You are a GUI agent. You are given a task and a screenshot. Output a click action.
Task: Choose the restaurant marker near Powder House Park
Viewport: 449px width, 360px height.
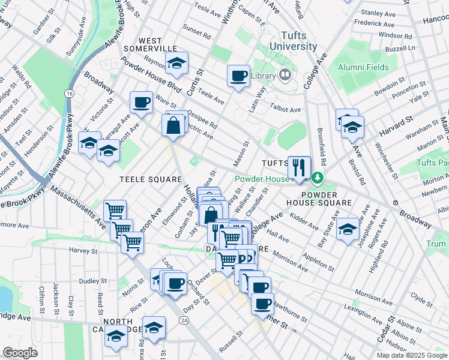point(299,167)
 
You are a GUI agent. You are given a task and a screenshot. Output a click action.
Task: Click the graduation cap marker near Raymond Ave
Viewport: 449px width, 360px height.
point(177,62)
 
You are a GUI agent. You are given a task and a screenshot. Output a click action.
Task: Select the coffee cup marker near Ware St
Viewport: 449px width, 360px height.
point(142,103)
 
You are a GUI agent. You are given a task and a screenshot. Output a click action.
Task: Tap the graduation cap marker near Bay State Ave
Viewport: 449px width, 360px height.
point(348,229)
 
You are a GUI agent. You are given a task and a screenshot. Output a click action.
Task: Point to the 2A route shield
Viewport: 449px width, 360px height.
point(184,321)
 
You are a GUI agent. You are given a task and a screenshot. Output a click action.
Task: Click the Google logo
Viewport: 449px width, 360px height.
point(20,353)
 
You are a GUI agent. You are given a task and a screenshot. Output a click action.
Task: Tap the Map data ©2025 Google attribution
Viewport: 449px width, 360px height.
point(412,355)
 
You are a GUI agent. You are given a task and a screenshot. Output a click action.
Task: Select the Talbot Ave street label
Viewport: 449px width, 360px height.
point(285,110)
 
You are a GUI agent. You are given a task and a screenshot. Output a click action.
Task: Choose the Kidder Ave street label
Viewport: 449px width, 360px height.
point(305,224)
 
